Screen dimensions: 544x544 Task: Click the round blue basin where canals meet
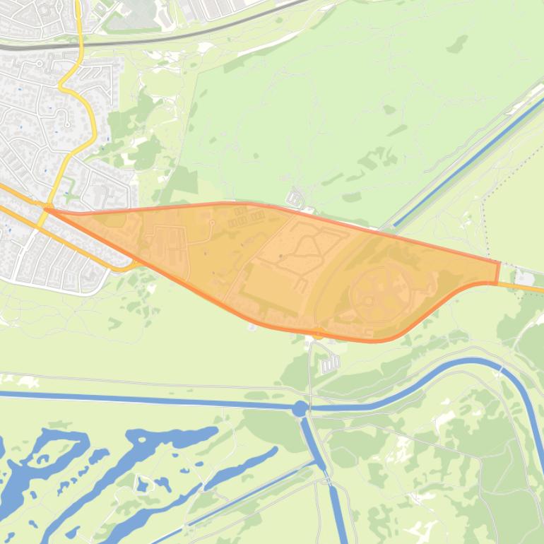300,408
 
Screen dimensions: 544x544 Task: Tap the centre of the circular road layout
380,292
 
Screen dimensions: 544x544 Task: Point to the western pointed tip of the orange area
48,208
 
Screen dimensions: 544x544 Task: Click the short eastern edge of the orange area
498,272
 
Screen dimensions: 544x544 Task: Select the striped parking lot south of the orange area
330,364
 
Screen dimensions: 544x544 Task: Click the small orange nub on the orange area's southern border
319,333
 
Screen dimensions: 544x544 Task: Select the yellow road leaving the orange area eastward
523,286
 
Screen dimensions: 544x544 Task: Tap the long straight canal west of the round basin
141,400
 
